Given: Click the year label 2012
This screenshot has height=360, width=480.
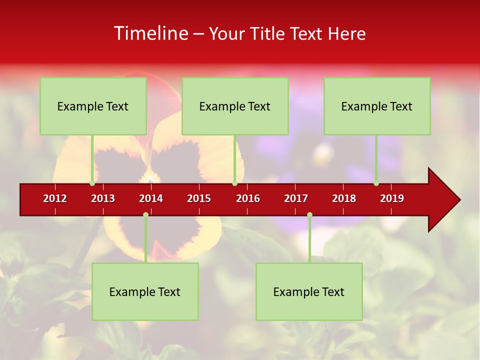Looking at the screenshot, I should pyautogui.click(x=55, y=198).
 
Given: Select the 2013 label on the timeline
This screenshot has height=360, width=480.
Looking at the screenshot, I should pyautogui.click(x=103, y=198).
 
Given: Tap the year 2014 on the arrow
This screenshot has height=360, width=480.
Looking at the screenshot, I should pyautogui.click(x=151, y=198).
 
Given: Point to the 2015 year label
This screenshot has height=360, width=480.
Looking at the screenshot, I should pyautogui.click(x=199, y=198).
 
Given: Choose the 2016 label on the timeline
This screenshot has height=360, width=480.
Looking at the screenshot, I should pyautogui.click(x=248, y=198).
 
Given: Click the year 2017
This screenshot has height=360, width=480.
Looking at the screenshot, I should pyautogui.click(x=296, y=198).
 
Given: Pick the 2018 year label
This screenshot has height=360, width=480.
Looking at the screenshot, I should pyautogui.click(x=344, y=198).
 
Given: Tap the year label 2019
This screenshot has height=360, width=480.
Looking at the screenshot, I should pyautogui.click(x=392, y=198).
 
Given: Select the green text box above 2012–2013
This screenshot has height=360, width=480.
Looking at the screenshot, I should pyautogui.click(x=93, y=106).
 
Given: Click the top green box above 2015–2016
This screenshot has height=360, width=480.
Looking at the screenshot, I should pyautogui.click(x=235, y=106).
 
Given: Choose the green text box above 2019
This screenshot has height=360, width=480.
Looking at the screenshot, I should pyautogui.click(x=377, y=106).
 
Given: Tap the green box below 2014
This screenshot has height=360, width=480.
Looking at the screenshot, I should pyautogui.click(x=145, y=291).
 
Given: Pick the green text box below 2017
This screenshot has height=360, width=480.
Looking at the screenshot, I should pyautogui.click(x=309, y=291).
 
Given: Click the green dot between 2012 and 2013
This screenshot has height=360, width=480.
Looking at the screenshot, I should pyautogui.click(x=92, y=183).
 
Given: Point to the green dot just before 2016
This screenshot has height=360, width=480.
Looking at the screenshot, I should pyautogui.click(x=234, y=183).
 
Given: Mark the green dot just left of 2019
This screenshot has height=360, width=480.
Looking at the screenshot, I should pyautogui.click(x=376, y=183).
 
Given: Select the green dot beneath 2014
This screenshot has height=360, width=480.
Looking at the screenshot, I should pyautogui.click(x=145, y=214).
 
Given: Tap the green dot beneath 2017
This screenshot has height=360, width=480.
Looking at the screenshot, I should pyautogui.click(x=309, y=214).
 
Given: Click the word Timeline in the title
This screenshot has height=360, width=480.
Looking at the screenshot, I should pyautogui.click(x=150, y=33).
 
